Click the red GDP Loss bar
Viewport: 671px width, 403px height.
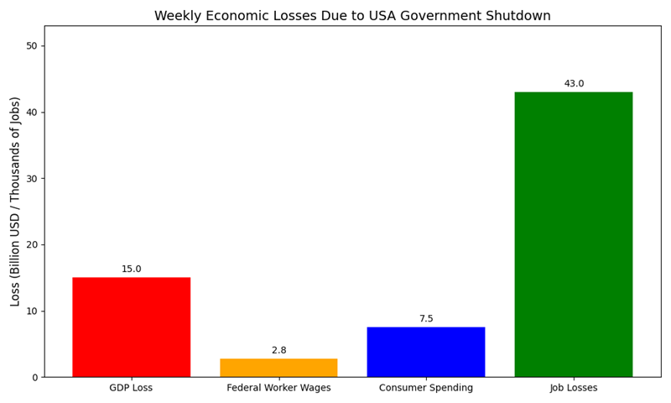[131, 327]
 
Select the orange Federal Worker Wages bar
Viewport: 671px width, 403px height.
[278, 368]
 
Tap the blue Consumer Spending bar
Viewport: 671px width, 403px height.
[426, 352]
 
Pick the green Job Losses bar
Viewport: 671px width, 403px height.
[574, 234]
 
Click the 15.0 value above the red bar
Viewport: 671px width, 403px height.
[132, 270]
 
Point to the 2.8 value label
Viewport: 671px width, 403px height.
[278, 350]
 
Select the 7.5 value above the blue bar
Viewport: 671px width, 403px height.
[426, 319]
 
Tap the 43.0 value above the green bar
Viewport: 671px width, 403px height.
[574, 84]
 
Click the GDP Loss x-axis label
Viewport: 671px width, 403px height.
[131, 388]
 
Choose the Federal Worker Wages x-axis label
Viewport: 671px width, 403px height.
[278, 388]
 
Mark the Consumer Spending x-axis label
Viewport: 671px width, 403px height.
[426, 388]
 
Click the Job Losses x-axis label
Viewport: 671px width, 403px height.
[574, 388]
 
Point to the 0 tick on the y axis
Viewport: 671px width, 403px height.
[34, 377]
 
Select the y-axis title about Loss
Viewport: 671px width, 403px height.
[16, 201]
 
